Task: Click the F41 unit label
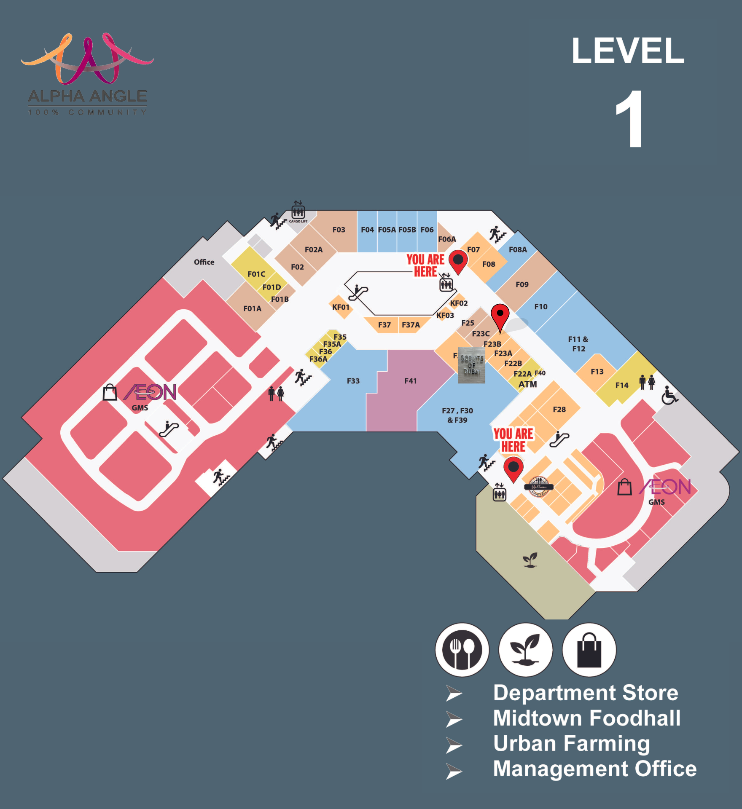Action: tap(410, 381)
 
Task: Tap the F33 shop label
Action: tap(353, 381)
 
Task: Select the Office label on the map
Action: tap(204, 262)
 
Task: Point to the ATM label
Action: tap(527, 384)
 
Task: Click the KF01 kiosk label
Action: tap(341, 307)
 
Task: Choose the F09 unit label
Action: tap(522, 284)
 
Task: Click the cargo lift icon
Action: tap(298, 210)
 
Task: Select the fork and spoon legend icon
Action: tap(462, 650)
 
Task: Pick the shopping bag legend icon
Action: tap(589, 650)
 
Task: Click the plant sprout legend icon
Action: tap(525, 650)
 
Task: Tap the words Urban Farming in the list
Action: tap(571, 743)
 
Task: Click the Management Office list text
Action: tap(594, 769)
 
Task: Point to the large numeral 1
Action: tap(629, 119)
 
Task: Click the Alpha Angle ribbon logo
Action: tap(88, 59)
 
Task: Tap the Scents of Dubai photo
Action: tap(471, 365)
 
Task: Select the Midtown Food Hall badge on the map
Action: tap(538, 487)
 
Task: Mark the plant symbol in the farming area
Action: tap(530, 560)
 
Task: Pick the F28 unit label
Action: tap(559, 410)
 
